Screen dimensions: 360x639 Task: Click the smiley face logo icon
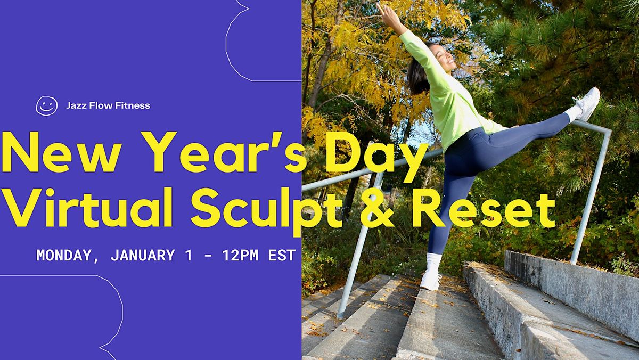46,105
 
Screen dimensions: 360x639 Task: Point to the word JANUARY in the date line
142,255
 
